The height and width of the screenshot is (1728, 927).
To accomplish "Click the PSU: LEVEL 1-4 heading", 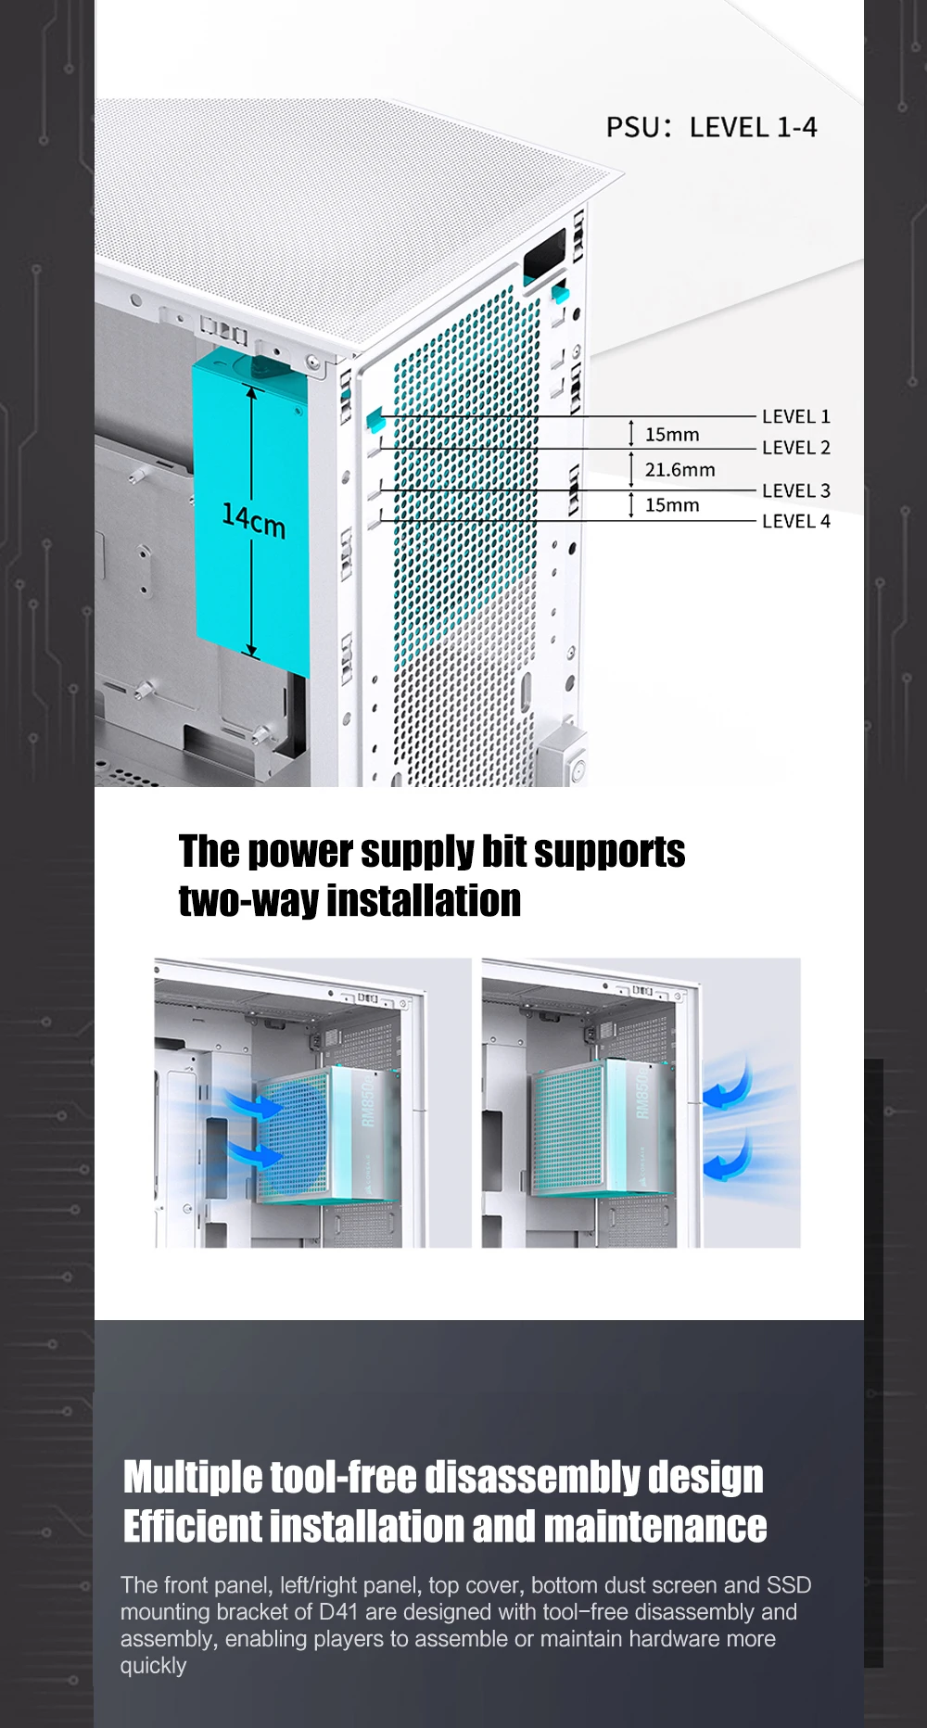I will tap(711, 127).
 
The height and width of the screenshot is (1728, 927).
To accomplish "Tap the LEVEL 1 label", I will tap(795, 417).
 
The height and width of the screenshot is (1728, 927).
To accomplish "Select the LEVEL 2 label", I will tap(795, 448).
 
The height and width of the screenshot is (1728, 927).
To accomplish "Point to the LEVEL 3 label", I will tap(795, 491).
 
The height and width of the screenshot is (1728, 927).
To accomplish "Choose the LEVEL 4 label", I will tap(795, 521).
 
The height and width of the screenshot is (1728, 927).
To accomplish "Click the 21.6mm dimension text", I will tap(679, 470).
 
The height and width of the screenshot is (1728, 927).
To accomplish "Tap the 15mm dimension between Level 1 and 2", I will tap(672, 435).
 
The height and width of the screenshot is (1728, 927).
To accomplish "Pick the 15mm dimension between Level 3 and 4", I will tap(672, 505).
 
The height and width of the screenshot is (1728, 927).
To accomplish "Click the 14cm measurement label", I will tap(253, 520).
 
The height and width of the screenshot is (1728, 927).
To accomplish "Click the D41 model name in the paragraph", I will tap(337, 1612).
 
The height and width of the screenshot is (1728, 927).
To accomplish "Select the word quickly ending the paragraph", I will tap(153, 1665).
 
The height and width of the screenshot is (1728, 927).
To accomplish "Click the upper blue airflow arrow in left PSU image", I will tap(255, 1105).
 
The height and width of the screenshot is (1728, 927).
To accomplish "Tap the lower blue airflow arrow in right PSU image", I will tap(728, 1162).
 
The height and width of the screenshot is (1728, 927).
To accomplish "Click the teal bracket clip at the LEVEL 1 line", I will tap(375, 418).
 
